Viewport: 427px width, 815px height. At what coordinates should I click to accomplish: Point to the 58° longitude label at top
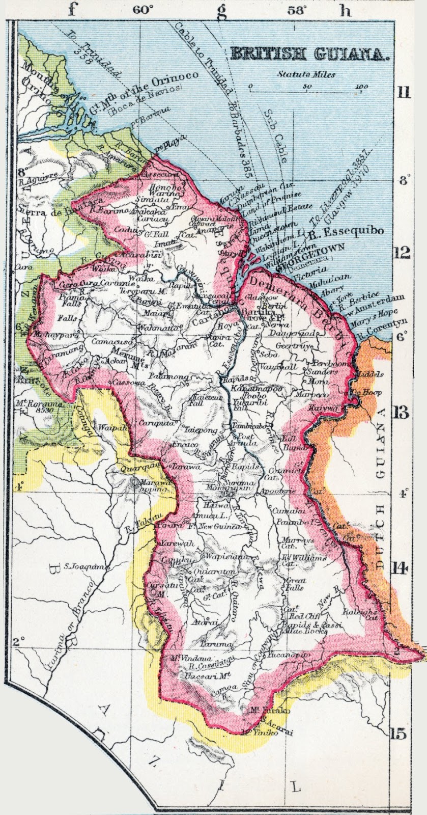pyautogui.click(x=297, y=10)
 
